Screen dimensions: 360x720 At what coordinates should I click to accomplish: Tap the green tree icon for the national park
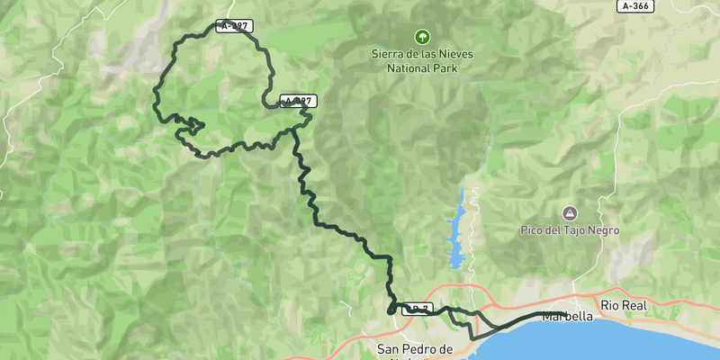420,37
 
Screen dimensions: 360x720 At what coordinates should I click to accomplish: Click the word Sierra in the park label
389,54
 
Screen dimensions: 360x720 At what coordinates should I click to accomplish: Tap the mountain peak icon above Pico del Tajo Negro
569,213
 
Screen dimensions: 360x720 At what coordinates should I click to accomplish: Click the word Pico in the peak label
532,230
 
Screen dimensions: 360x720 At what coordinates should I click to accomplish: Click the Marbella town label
569,317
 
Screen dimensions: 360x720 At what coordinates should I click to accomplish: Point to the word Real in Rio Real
634,306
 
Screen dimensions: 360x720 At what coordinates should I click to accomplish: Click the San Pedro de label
414,348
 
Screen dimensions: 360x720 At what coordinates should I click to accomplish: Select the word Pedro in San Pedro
421,348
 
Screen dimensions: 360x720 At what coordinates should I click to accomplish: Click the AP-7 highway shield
416,309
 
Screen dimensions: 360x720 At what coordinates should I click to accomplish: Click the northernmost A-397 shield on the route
234,26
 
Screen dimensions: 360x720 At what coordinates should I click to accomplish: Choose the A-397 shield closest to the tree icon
298,101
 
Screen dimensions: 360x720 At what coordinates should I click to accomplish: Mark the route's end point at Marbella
563,314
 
